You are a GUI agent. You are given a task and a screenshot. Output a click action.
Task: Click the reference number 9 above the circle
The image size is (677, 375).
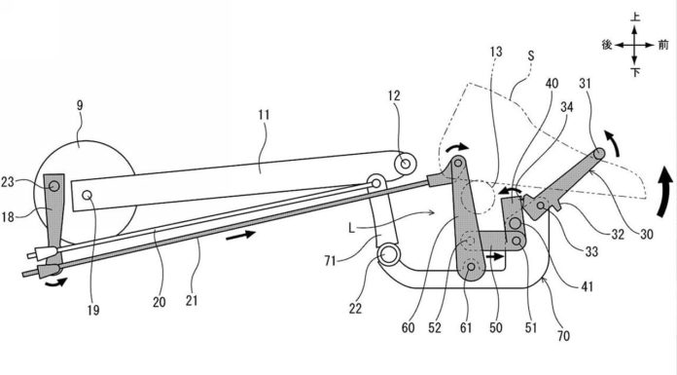click(x=80, y=106)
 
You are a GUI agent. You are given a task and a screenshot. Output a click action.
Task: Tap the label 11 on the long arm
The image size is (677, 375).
click(x=264, y=115)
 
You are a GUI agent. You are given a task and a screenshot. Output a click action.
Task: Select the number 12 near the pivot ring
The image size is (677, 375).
click(x=394, y=95)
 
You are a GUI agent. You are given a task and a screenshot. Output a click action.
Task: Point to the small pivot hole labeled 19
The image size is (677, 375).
click(x=88, y=196)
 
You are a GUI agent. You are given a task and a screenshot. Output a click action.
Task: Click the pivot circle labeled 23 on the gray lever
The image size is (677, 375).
click(x=53, y=186)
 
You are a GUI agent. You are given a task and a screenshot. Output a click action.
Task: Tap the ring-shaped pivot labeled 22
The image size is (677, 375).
click(x=388, y=255)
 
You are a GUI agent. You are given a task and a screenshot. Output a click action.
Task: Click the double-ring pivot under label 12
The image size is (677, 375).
click(x=405, y=164)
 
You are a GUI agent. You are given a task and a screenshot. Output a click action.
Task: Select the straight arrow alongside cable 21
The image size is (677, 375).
click(x=240, y=236)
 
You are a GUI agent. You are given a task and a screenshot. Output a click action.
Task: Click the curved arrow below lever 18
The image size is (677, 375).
click(x=57, y=282)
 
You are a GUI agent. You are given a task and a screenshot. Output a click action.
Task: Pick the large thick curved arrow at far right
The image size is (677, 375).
click(x=664, y=193)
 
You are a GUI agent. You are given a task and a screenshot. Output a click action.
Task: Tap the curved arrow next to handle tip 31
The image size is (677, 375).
click(x=613, y=144)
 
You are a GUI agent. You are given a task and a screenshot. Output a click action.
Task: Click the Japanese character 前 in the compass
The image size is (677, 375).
click(x=663, y=45)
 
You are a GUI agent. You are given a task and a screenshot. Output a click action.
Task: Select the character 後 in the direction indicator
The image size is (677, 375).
click(x=607, y=45)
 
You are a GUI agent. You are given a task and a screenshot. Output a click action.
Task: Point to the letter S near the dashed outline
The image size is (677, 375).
click(x=531, y=56)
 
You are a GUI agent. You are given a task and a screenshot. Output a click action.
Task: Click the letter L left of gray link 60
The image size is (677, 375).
click(x=351, y=228)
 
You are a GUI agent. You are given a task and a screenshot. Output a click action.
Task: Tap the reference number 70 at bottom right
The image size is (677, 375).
click(x=563, y=336)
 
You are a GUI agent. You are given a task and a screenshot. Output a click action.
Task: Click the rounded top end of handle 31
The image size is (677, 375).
click(x=599, y=154)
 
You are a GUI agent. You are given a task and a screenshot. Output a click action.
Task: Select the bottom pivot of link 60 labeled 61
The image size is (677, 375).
click(x=471, y=267)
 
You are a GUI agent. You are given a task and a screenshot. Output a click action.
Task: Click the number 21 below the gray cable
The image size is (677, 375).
click(x=192, y=301)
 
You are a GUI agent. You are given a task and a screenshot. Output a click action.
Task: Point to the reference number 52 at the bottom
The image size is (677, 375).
click(x=435, y=328)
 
